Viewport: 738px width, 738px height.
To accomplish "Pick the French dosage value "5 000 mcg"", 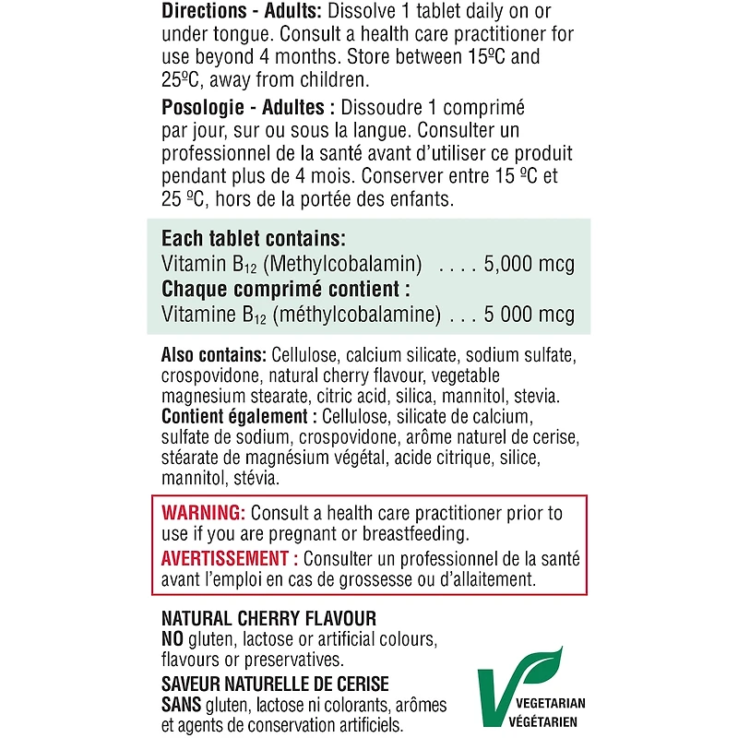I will coord(528,314).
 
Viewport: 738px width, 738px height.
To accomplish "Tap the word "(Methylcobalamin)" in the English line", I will coord(343,264).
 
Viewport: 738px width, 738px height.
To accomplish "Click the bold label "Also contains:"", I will coord(214,356).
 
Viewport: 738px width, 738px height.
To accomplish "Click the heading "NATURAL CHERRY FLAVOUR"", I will coord(268,618).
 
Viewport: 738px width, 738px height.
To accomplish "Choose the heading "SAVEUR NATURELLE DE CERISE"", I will coord(275,684).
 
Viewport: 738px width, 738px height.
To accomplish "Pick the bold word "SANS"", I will coord(181,706).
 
